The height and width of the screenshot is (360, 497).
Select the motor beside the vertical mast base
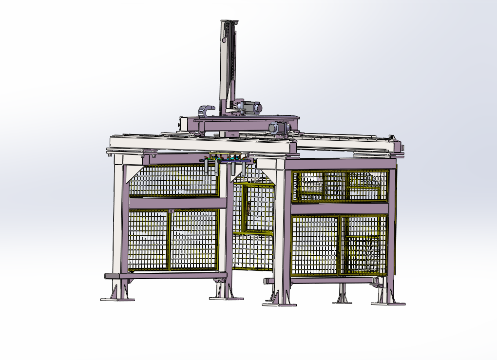pyautogui.click(x=251, y=107)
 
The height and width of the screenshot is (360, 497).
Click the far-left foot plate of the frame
pyautogui.click(x=117, y=299)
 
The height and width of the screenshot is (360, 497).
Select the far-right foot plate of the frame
pyautogui.click(x=388, y=303)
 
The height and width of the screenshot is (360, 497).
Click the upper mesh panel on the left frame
pyautogui.click(x=173, y=181)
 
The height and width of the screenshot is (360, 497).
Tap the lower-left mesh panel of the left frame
pyautogui.click(x=148, y=240)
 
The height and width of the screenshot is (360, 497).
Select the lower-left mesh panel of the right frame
pyautogui.click(x=315, y=246)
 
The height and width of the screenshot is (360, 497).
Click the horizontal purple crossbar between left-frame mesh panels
pyautogui.click(x=173, y=203)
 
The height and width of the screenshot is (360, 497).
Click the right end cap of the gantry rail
pyautogui.click(x=397, y=146)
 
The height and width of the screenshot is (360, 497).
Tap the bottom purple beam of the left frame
pyautogui.click(x=166, y=275)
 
